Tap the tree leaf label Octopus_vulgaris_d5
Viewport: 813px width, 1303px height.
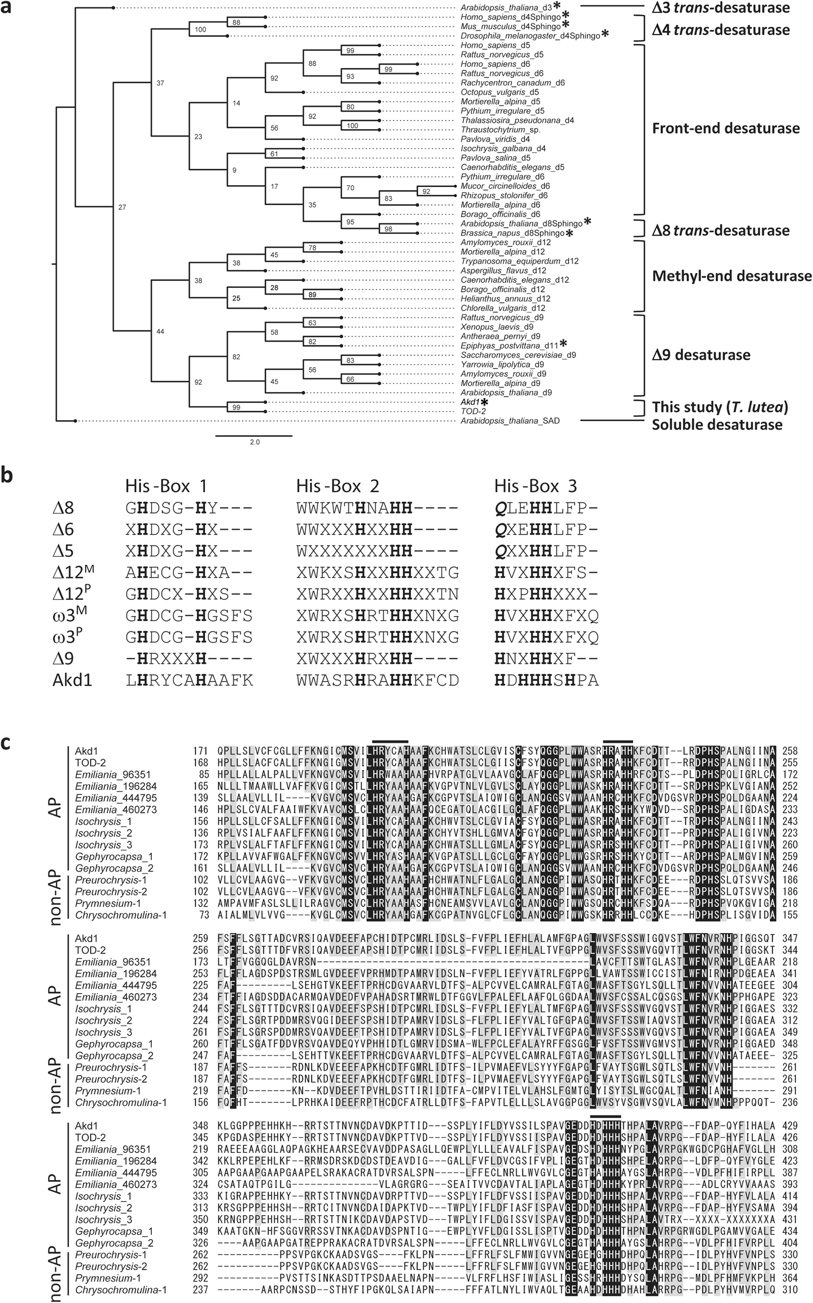coord(499,92)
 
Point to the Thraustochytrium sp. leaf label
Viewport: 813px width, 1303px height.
coord(499,129)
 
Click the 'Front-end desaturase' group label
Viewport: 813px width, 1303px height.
coord(726,129)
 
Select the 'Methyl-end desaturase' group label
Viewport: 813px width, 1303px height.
coord(732,276)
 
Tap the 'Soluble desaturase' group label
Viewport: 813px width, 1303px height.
coord(717,424)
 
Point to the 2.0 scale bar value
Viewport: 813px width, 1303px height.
coord(254,442)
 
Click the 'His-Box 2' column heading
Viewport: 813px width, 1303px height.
coord(338,486)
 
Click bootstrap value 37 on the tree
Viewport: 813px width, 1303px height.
coord(160,83)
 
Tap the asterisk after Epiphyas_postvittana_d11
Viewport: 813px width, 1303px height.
coord(564,343)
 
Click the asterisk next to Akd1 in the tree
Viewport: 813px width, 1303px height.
coord(485,402)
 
